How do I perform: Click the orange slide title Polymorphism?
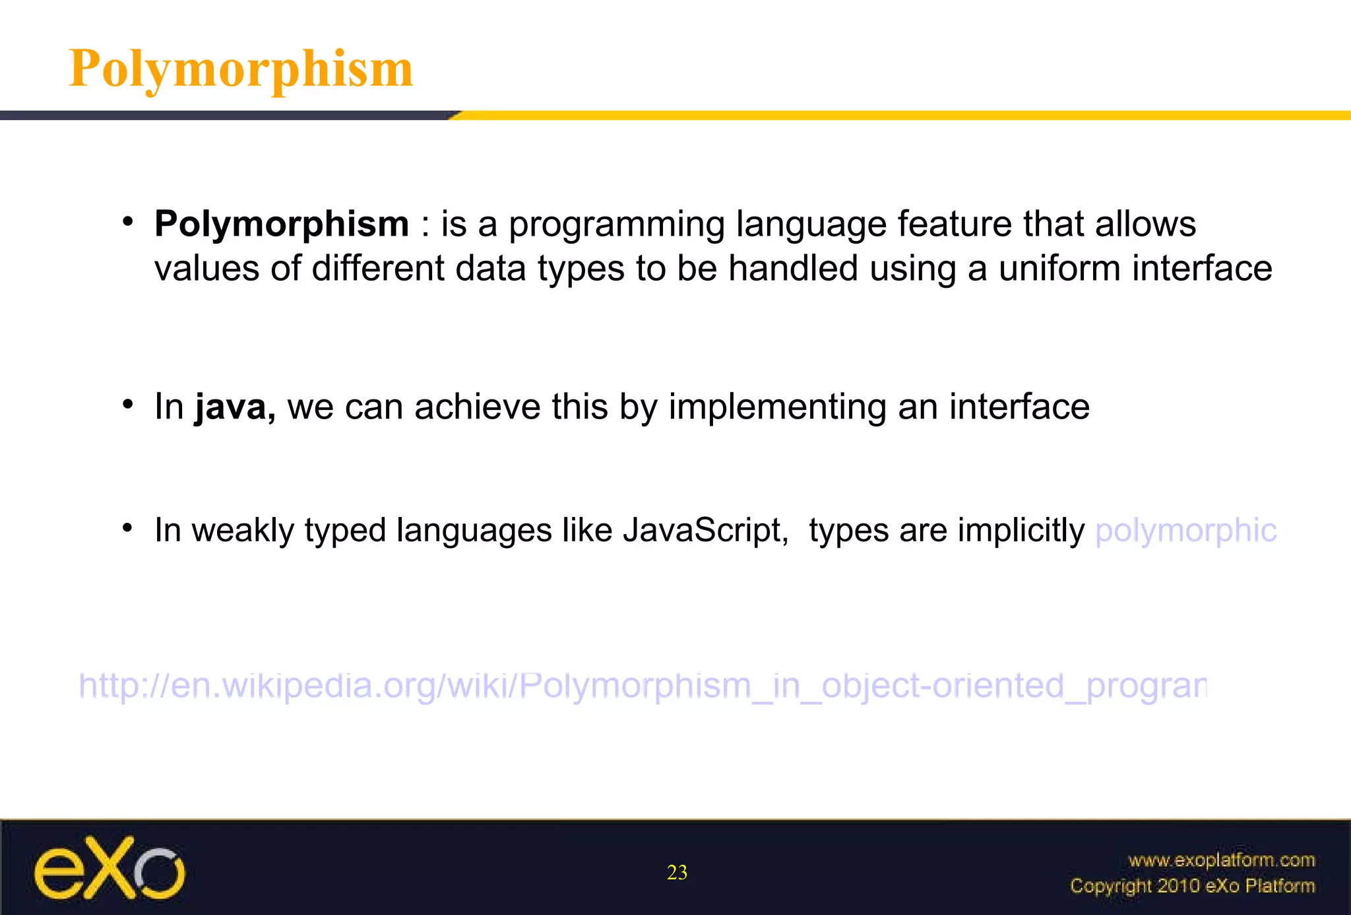click(x=241, y=69)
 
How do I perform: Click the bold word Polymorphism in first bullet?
click(x=282, y=224)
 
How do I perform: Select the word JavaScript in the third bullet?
click(x=705, y=530)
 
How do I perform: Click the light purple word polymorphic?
click(x=1185, y=531)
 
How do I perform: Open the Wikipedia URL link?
click(x=643, y=686)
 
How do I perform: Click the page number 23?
click(x=677, y=873)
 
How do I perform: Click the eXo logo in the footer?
click(x=110, y=869)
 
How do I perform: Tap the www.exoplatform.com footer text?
click(x=1222, y=860)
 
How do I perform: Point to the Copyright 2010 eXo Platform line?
click(x=1192, y=886)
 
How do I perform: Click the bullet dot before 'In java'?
click(x=129, y=404)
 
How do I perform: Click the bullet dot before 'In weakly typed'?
click(x=129, y=528)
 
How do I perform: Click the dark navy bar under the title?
click(x=224, y=116)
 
